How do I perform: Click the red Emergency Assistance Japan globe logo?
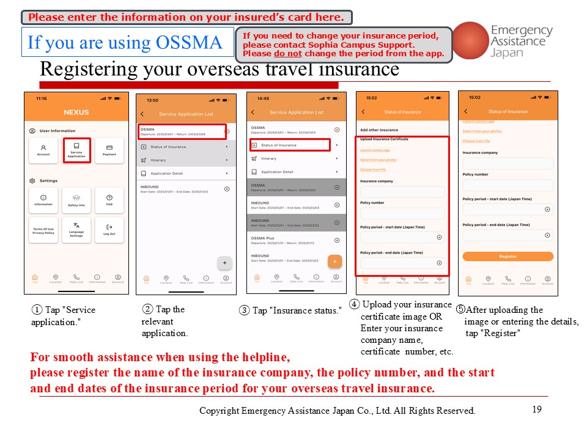click(469, 40)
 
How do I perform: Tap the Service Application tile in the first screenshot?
click(76, 150)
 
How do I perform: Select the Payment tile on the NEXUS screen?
click(109, 150)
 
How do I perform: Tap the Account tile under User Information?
click(43, 150)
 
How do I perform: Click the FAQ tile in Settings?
click(109, 200)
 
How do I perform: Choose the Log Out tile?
click(109, 230)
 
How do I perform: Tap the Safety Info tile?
click(76, 200)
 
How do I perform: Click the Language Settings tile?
click(76, 230)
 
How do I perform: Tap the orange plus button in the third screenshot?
click(334, 261)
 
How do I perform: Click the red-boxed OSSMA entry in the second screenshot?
click(182, 131)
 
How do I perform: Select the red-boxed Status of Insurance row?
click(290, 145)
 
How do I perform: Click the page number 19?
click(537, 409)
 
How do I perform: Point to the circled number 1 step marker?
click(37, 310)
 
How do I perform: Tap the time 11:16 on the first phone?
click(42, 98)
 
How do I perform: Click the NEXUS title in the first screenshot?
click(76, 112)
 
